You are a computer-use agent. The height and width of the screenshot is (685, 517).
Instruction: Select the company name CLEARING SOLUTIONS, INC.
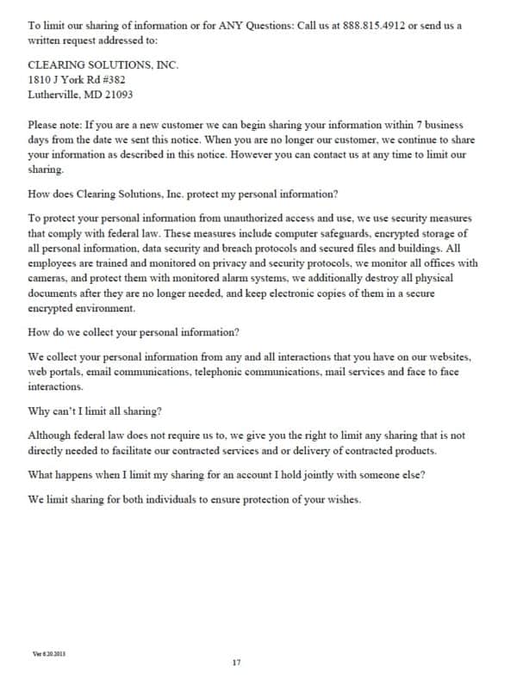click(x=103, y=65)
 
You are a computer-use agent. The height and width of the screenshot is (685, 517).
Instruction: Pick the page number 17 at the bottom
click(x=237, y=662)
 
